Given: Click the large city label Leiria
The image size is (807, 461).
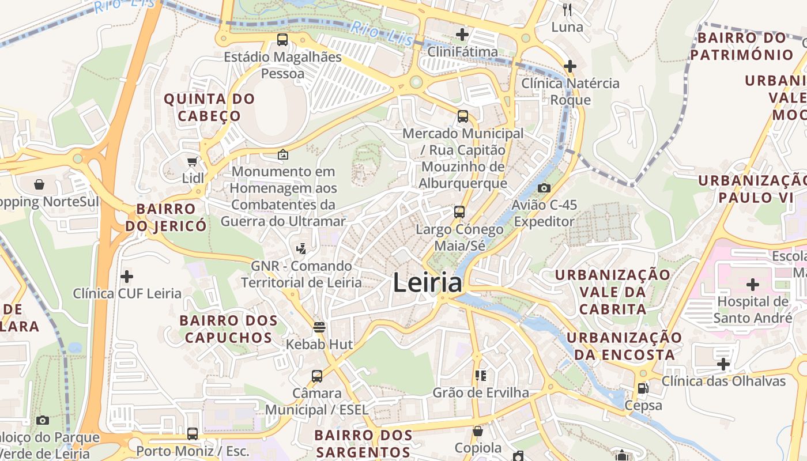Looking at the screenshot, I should coord(427,283).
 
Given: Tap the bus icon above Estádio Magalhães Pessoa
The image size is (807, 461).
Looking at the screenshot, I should coord(282,40).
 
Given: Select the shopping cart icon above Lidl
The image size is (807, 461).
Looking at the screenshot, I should coord(193,162).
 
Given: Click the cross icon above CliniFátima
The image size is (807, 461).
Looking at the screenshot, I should coord(462,35).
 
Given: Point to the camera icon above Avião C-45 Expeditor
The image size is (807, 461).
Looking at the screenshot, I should coord(544,188).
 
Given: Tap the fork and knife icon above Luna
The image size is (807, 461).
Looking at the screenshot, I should coord(567,9).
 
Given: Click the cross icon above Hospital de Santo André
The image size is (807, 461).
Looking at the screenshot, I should coord(753,285).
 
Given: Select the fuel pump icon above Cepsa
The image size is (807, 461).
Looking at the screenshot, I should coord(643,388).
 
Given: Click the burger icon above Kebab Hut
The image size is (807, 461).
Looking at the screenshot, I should coord(319,327).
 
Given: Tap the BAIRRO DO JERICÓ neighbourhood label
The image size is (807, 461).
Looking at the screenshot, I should coord(166,217).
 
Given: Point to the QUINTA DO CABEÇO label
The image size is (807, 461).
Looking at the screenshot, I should coord(209,107).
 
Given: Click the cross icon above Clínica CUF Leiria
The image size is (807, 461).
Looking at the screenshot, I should coord(127,277).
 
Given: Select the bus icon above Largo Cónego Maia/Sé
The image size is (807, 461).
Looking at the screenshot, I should coord(459,212).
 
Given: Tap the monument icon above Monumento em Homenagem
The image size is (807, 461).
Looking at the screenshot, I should coord(283,154).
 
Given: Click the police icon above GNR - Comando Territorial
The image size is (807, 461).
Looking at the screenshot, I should coord(300,249).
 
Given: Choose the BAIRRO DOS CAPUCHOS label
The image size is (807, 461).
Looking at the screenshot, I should coord(228,328).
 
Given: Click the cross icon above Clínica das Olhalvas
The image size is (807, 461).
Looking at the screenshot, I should coord(723,364).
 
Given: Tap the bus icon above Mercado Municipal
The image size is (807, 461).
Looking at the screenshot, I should coord(462,116).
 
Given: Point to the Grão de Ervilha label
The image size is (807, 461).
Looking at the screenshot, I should coord(481,392).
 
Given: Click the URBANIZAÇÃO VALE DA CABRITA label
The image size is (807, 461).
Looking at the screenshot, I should coord(613,292).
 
